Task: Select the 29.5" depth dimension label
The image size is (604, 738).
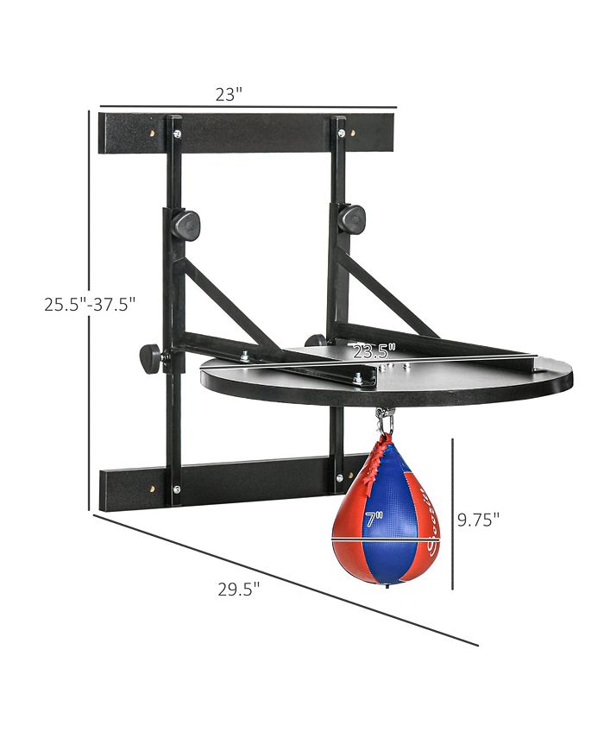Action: [x=239, y=590]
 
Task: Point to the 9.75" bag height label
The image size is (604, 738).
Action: [x=479, y=519]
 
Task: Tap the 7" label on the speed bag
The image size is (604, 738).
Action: [x=373, y=520]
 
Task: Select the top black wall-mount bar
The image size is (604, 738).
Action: [x=246, y=131]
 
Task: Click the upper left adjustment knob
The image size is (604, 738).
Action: [x=186, y=225]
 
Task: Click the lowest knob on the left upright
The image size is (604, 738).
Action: [x=152, y=355]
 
